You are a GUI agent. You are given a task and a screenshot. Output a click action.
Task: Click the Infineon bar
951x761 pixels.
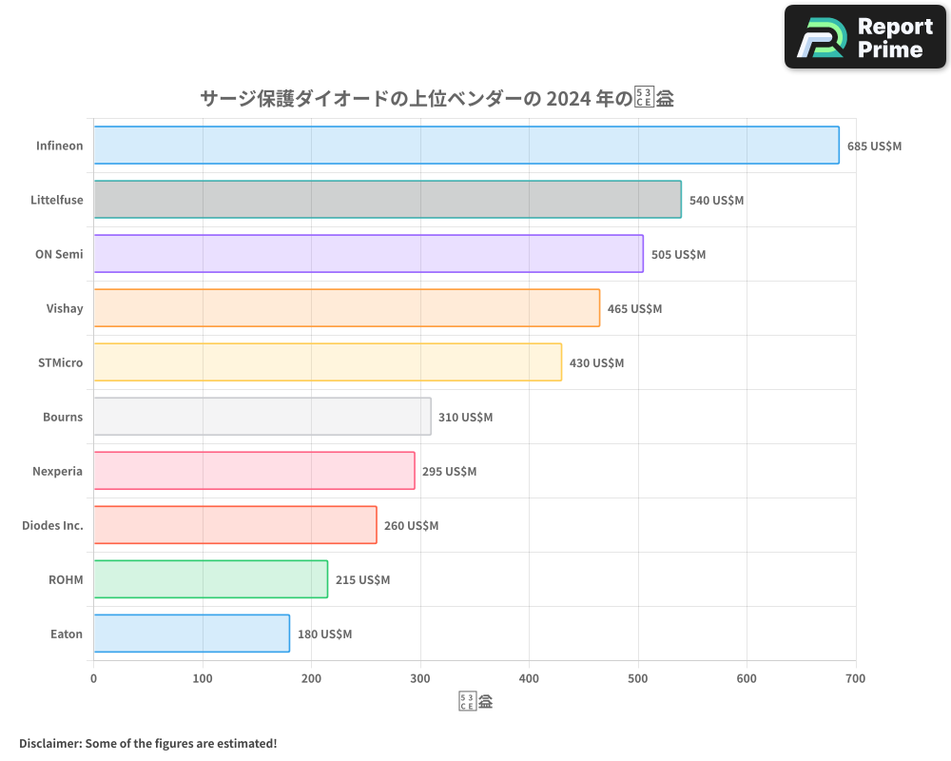tap(466, 146)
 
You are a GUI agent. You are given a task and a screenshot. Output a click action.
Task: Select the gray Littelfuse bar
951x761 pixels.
tap(387, 200)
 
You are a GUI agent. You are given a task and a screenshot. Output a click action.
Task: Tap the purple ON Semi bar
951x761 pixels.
tap(368, 254)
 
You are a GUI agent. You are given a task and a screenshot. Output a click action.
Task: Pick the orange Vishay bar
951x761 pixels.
tap(346, 308)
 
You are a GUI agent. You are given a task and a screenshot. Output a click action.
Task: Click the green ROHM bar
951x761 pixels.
tap(210, 579)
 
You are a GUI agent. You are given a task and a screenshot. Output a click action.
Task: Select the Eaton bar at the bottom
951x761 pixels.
tap(191, 634)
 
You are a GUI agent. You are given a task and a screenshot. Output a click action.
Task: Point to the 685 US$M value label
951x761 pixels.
tap(874, 146)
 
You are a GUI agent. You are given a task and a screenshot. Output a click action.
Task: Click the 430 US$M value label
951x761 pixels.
tap(596, 362)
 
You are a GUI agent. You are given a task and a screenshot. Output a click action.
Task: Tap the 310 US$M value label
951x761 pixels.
tap(465, 417)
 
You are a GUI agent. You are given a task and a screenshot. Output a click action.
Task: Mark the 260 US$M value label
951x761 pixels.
tap(411, 525)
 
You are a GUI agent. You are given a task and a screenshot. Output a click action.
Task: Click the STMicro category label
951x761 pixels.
tap(59, 362)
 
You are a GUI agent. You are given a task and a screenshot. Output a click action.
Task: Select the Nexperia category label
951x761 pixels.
tap(58, 471)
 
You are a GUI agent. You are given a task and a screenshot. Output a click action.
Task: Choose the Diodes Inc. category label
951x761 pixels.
tap(52, 525)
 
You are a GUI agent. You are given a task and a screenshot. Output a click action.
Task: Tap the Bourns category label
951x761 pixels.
tap(63, 417)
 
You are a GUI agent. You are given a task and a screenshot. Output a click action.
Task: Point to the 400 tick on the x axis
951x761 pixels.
tap(529, 678)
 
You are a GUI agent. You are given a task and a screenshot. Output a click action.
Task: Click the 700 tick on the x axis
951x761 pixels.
tap(855, 678)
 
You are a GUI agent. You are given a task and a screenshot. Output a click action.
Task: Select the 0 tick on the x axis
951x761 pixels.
tap(93, 678)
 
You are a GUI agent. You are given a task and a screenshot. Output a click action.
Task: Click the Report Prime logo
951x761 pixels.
tap(865, 37)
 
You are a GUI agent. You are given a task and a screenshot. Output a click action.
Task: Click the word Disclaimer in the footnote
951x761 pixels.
tap(49, 743)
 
